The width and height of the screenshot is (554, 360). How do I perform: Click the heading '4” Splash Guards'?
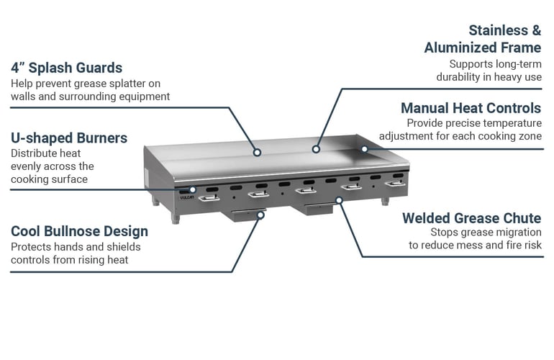66,68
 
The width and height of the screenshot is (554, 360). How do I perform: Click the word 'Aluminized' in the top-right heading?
482,48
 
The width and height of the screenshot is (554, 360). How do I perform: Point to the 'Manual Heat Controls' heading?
471,108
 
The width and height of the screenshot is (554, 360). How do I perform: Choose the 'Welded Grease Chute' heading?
471,217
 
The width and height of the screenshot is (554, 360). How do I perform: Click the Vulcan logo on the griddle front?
186,193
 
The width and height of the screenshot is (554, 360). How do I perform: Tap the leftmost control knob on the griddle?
209,197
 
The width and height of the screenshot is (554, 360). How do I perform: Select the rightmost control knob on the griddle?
394,184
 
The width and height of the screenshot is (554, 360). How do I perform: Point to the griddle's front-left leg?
175,217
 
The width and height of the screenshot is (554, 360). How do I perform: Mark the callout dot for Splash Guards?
258,152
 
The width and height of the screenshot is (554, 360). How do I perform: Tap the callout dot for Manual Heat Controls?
364,149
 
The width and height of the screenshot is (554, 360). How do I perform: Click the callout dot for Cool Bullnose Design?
263,215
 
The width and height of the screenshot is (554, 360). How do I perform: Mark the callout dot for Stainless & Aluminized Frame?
314,150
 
